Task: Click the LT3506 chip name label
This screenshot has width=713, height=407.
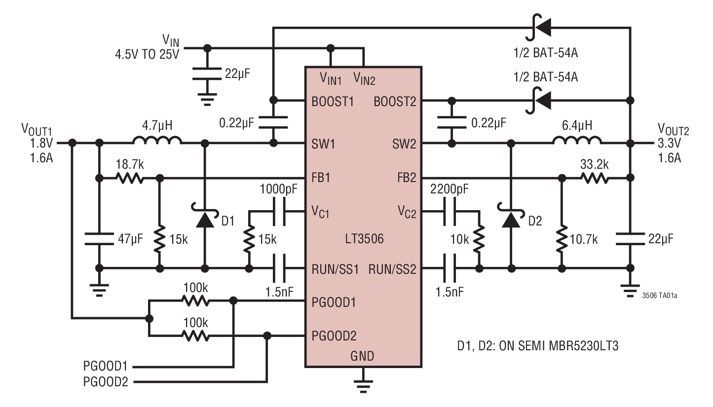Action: click(364, 240)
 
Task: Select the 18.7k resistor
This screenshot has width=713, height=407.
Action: click(129, 178)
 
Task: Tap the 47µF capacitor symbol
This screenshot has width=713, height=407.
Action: click(99, 240)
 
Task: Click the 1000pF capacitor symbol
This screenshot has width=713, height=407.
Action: click(278, 212)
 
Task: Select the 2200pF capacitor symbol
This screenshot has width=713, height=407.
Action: click(450, 212)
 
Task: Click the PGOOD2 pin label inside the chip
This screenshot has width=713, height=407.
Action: click(334, 336)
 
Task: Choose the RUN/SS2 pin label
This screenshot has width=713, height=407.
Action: click(393, 269)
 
